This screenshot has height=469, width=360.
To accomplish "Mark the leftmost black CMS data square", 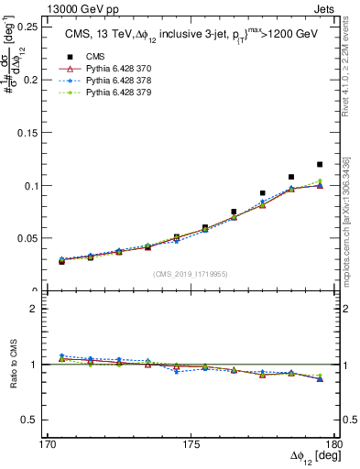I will click(62, 261).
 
